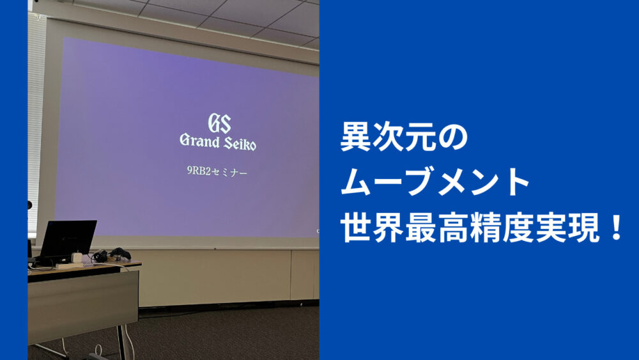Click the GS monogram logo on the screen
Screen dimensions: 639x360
pos(220,123)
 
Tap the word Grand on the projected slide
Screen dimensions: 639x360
pos(199,141)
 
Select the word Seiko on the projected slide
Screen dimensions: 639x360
pos(240,143)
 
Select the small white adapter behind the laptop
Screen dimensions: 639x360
pos(77,258)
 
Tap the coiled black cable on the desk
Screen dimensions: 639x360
pos(100,256)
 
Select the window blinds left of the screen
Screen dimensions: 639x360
pos(35,122)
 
